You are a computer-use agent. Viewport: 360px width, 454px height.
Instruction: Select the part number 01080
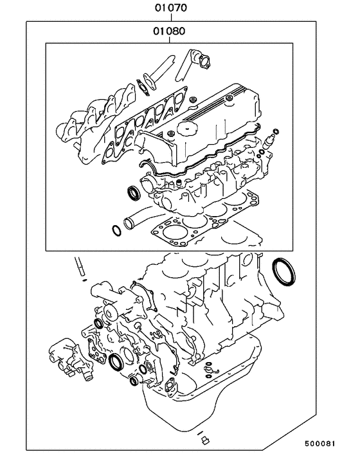click(169, 30)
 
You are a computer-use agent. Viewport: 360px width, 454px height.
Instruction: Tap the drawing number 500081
click(332, 444)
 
